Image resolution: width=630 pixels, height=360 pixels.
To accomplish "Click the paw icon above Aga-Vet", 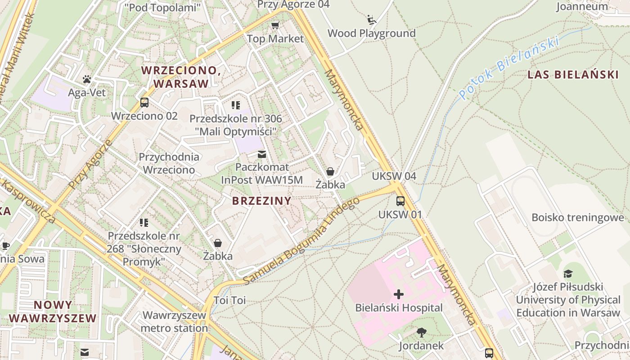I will point(87,80).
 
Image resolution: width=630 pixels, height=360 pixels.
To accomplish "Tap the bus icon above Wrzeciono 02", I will point(144,103).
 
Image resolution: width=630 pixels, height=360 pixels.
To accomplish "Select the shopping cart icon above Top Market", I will point(275,25).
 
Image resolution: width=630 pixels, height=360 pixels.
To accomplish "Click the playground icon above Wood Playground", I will point(372,19).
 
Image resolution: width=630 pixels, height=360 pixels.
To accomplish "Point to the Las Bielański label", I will point(573,75).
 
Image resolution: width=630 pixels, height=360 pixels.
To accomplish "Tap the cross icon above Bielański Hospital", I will point(399,294).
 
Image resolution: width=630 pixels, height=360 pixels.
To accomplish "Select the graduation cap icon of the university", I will point(568,274).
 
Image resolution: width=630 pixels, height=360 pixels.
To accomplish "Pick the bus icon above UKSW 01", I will point(400,201).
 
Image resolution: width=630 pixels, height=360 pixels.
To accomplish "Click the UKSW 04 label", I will point(394,176).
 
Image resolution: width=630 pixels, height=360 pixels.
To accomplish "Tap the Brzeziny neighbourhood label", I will point(261,201).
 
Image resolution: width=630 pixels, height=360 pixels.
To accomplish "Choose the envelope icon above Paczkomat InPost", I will point(261,155).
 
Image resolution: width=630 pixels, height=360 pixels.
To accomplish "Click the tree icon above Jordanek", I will point(421,333).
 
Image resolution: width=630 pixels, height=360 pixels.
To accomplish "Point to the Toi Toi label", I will point(229,300).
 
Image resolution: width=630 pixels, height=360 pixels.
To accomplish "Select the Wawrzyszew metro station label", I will point(174,321).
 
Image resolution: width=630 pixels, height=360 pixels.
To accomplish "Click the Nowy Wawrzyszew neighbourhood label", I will point(53,311).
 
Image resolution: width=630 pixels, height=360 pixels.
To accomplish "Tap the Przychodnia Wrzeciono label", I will point(169,163).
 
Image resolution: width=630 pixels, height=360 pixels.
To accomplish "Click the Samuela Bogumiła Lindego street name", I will point(302,240).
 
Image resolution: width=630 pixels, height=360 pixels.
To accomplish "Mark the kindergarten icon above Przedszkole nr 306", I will point(235,105).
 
